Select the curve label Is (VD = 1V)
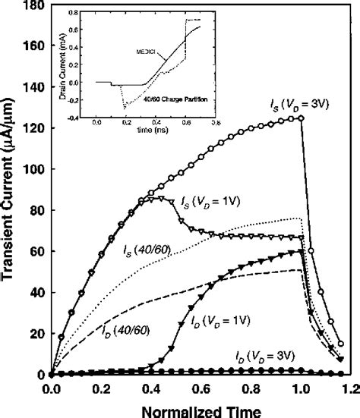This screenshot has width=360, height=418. coord(212,202)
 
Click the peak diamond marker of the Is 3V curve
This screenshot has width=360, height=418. coord(302,118)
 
